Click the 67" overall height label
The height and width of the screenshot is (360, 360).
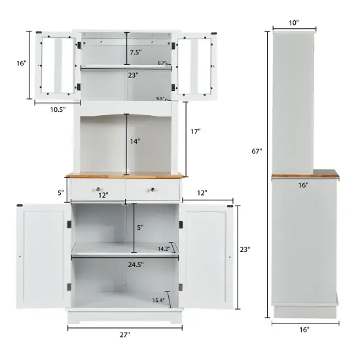257,151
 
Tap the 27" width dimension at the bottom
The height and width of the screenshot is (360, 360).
125,334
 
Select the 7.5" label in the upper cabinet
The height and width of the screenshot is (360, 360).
135,52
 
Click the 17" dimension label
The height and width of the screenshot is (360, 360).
195,132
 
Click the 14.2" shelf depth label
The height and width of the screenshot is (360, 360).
164,248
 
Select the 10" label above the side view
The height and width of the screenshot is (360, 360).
293,23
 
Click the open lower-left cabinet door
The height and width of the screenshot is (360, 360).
43,256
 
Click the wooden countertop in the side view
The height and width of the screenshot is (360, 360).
305,175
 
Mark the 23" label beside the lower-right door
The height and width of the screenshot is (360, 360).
245,249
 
